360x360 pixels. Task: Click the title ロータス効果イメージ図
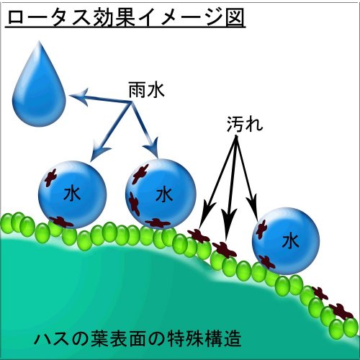pyautogui.click(x=125, y=17)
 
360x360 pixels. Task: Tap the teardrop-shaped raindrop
pyautogui.click(x=39, y=88)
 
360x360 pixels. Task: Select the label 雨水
pyautogui.click(x=146, y=90)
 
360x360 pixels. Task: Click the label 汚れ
pyautogui.click(x=244, y=124)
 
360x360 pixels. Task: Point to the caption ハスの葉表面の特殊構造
pyautogui.click(x=138, y=338)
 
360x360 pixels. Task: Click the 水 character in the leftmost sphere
pyautogui.click(x=72, y=194)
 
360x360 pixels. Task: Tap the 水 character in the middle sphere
pyautogui.click(x=164, y=194)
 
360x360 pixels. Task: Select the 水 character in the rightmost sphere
pyautogui.click(x=290, y=241)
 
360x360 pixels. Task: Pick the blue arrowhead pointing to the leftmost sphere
pyautogui.click(x=99, y=152)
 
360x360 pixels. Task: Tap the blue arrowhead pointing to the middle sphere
pyautogui.click(x=153, y=148)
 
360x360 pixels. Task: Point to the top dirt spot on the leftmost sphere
pyautogui.click(x=50, y=178)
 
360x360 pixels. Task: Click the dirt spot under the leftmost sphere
pyautogui.click(x=60, y=222)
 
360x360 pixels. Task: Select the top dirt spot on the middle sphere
pyautogui.click(x=140, y=174)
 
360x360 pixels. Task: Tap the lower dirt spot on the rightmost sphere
pyautogui.click(x=267, y=262)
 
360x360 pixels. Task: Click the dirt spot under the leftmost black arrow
pyautogui.click(x=199, y=236)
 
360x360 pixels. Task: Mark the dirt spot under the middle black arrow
pyautogui.click(x=225, y=251)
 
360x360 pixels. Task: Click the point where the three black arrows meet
pyautogui.click(x=236, y=137)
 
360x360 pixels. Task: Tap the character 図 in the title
pyautogui.click(x=234, y=17)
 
